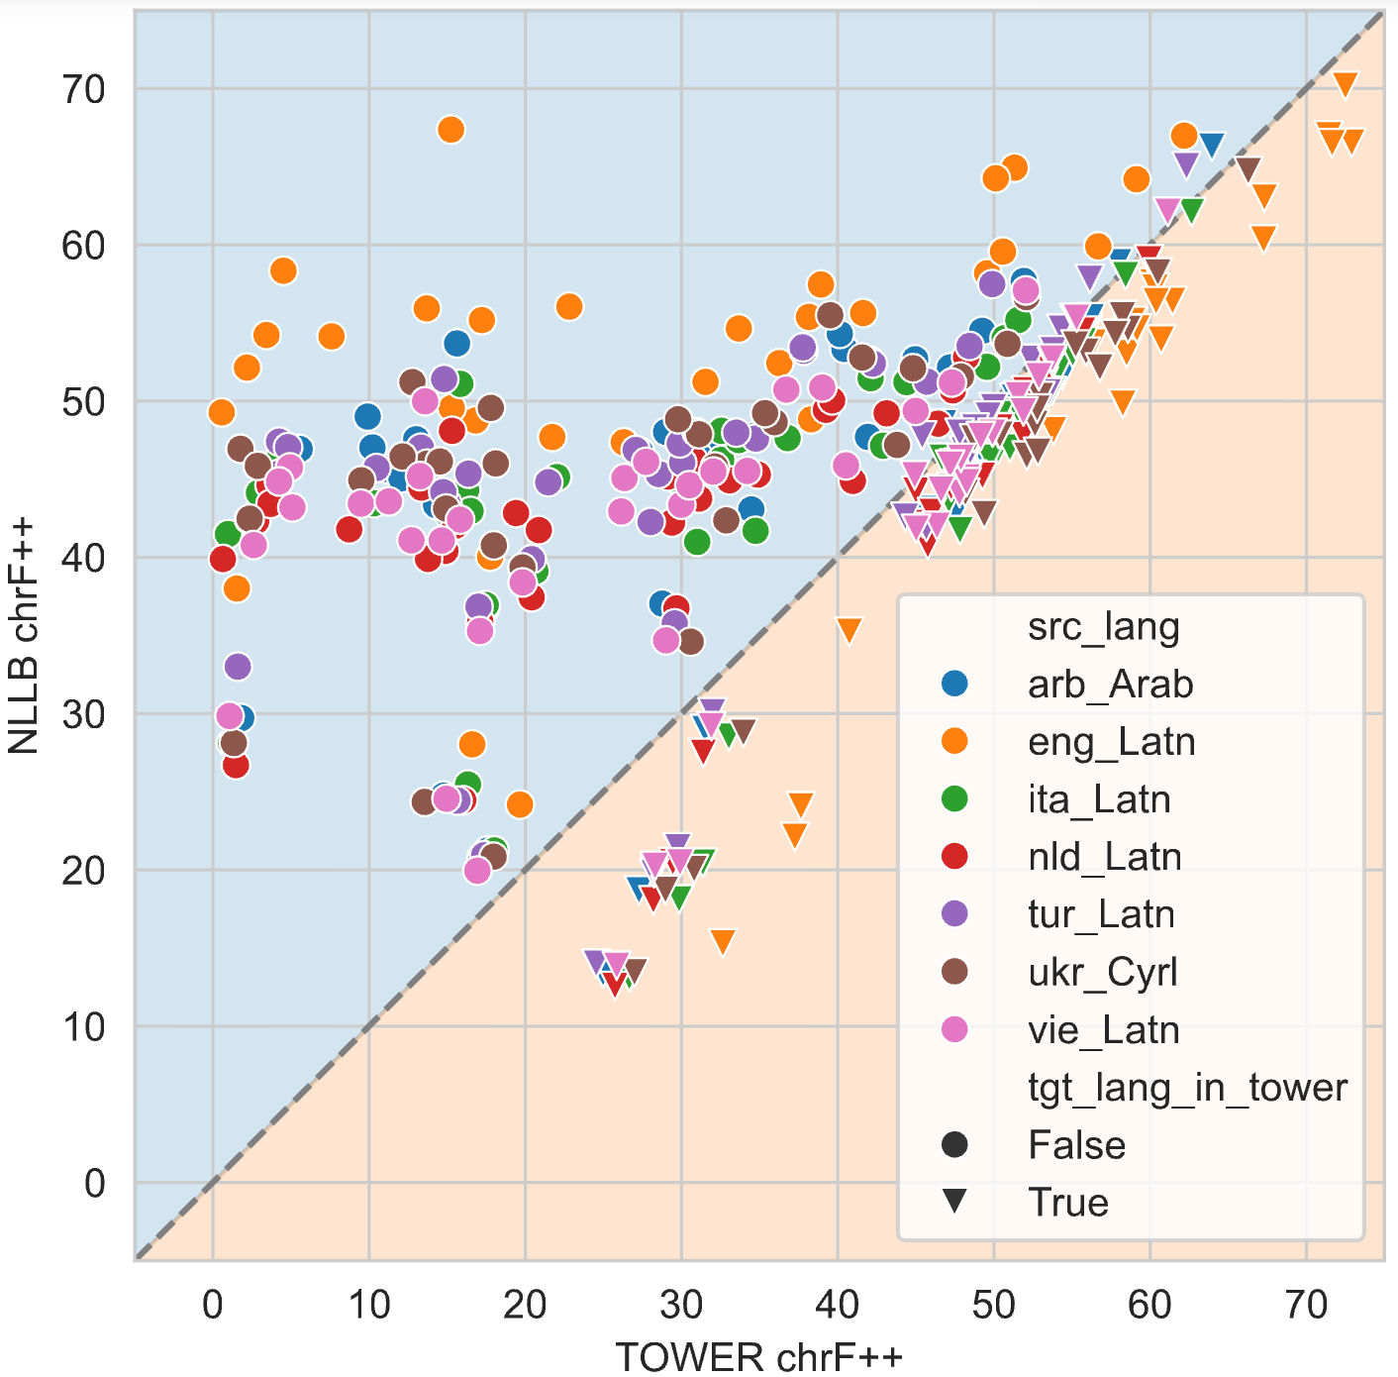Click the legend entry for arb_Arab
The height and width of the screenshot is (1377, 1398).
click(x=1110, y=685)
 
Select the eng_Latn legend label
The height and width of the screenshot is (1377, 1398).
click(x=1111, y=742)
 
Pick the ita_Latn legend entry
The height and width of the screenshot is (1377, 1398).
click(x=1099, y=799)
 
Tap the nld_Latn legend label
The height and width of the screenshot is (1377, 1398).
click(x=1104, y=857)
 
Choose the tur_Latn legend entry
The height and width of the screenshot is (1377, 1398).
click(x=1101, y=914)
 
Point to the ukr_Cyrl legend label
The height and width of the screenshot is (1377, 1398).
click(x=1103, y=973)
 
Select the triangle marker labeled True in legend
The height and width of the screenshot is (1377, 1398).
click(x=954, y=1202)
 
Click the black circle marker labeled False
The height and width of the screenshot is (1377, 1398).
click(x=954, y=1145)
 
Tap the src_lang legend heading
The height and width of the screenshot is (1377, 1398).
click(x=1104, y=627)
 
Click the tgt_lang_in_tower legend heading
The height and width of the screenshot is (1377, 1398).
click(x=1187, y=1088)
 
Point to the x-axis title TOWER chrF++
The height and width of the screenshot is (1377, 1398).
click(x=758, y=1355)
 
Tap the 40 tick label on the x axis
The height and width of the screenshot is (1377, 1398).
click(x=837, y=1305)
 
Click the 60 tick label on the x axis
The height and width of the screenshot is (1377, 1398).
click(x=1149, y=1305)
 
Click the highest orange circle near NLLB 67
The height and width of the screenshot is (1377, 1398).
click(x=450, y=130)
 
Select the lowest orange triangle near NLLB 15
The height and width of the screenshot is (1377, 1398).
click(x=723, y=941)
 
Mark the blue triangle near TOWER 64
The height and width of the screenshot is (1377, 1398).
click(x=1211, y=146)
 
